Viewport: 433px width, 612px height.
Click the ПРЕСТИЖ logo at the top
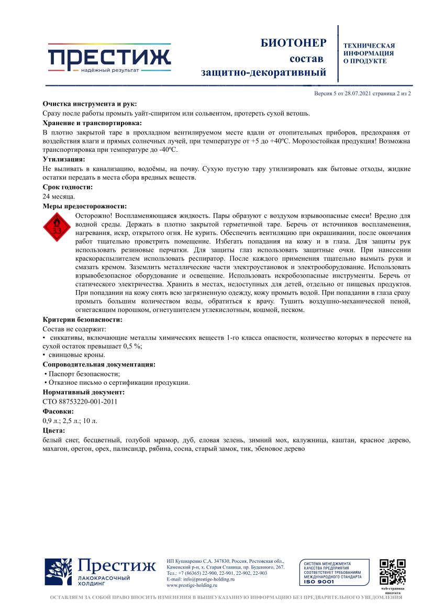point(109,57)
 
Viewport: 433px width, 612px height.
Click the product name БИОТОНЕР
point(293,43)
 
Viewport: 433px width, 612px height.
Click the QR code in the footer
point(392,572)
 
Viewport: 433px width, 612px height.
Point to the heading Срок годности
point(68,187)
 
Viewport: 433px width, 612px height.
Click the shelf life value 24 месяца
point(59,196)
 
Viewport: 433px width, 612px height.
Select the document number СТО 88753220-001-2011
point(80,402)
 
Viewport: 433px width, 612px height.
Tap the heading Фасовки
point(58,411)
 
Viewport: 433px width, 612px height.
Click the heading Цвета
point(54,430)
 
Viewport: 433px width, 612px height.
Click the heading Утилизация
point(63,159)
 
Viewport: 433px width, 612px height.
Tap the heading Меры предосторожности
point(84,206)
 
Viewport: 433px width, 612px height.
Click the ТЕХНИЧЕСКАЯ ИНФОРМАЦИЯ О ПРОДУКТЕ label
point(369,53)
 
